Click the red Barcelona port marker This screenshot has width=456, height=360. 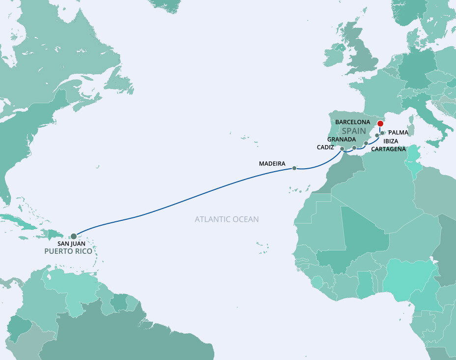(x=380, y=124)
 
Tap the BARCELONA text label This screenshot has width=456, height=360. (x=353, y=121)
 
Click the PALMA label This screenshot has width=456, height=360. (x=399, y=133)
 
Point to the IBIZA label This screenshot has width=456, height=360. (x=391, y=141)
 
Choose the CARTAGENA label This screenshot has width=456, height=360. (x=388, y=149)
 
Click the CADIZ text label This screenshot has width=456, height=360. (x=325, y=147)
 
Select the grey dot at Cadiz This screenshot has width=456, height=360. (x=342, y=148)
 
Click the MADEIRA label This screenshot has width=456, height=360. (x=272, y=163)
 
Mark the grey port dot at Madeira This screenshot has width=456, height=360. (x=294, y=168)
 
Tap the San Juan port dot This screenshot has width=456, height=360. (x=74, y=236)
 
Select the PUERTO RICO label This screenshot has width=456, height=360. (x=68, y=251)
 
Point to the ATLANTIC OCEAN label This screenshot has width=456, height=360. (x=227, y=219)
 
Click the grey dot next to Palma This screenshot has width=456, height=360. (x=382, y=133)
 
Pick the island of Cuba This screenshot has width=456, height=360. (x=20, y=220)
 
